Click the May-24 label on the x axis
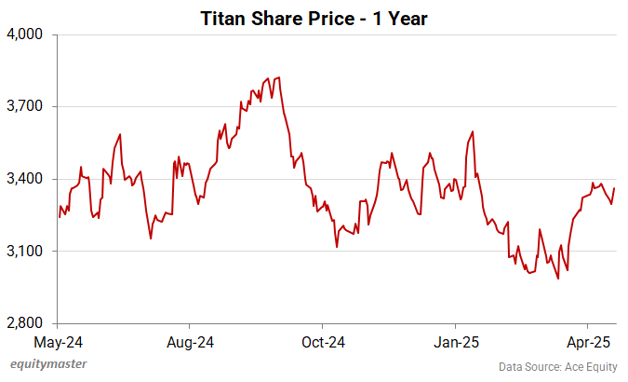[x=58, y=342]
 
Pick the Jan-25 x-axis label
[x=455, y=342]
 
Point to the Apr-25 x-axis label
[x=588, y=342]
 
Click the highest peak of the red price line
[x=280, y=77]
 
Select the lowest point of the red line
[x=557, y=278]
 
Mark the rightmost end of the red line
[x=614, y=189]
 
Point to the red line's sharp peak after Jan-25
[x=473, y=131]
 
